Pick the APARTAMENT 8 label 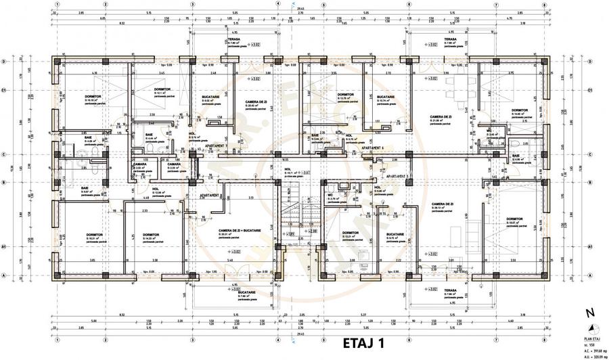[x=212, y=195]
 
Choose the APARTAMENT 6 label [x=372, y=147]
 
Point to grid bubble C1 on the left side [x=4, y=89]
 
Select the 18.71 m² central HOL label [x=292, y=173]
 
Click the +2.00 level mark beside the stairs [x=313, y=231]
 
